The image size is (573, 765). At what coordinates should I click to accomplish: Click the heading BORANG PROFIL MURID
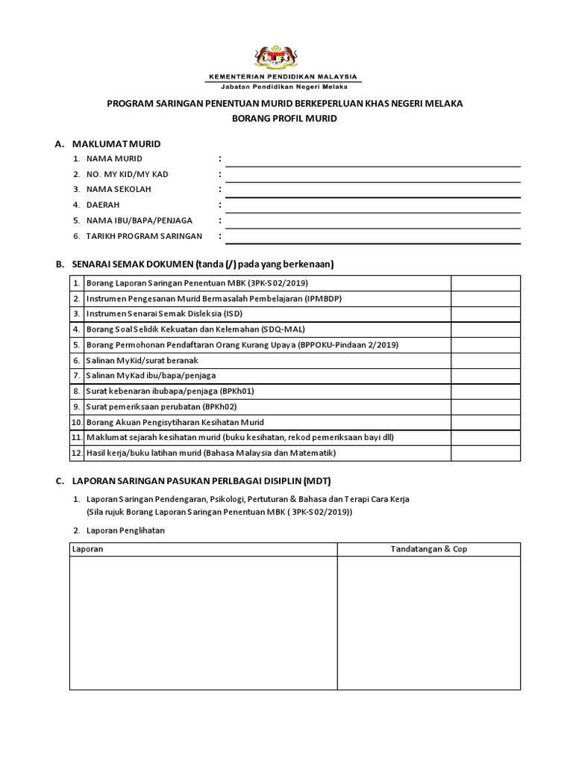[285, 119]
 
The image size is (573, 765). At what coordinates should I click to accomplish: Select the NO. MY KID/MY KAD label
[127, 174]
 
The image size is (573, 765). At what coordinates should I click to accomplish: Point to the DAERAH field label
[103, 205]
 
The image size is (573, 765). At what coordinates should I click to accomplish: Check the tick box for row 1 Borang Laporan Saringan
[486, 283]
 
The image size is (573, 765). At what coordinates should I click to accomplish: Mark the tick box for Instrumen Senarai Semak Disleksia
[486, 314]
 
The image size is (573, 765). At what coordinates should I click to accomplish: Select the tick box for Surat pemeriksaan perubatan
[486, 406]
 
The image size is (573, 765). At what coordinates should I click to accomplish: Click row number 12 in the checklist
[76, 453]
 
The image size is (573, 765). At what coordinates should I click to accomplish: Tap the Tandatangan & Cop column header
[429, 549]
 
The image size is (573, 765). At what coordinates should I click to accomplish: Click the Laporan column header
[87, 549]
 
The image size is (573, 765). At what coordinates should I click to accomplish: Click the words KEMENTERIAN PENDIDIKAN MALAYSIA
[282, 77]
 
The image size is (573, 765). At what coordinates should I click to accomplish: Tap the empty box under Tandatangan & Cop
[429, 624]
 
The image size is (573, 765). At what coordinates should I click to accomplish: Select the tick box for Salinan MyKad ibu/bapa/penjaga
[486, 376]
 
